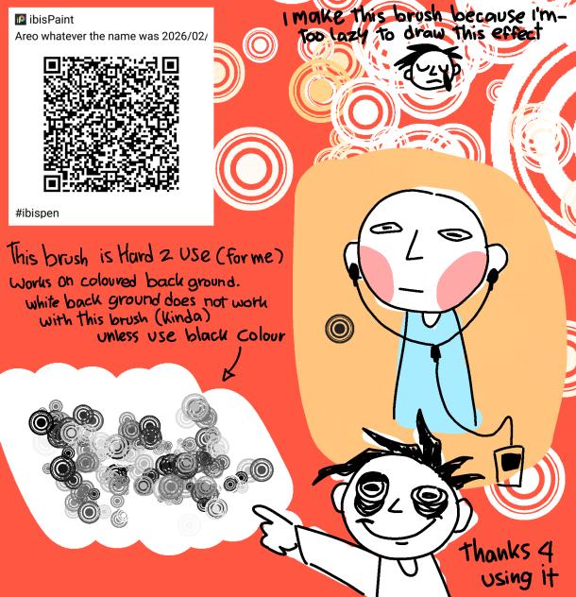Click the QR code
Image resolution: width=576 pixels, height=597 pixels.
[x=110, y=124]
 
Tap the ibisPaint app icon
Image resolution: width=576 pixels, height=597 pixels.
[x=20, y=19]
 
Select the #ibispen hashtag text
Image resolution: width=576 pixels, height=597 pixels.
[x=38, y=213]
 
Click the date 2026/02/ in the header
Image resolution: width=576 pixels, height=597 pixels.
[x=185, y=37]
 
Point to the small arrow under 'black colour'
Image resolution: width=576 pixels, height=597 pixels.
[x=232, y=365]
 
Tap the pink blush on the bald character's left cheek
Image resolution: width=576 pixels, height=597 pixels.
[x=377, y=273]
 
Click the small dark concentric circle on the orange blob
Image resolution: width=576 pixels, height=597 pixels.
[x=340, y=328]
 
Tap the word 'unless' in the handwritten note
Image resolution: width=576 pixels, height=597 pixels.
[x=118, y=336]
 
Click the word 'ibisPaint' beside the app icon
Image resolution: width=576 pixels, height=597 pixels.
[x=51, y=20]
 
